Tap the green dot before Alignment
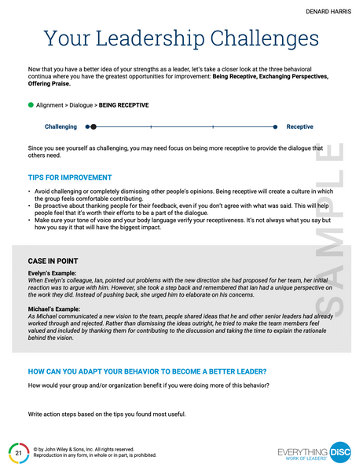(31, 104)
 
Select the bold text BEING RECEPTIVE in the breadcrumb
(123, 105)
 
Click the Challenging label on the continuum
(60, 126)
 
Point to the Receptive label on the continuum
(300, 126)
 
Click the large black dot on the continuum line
(93, 126)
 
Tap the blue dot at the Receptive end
(276, 126)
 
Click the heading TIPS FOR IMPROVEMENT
(69, 178)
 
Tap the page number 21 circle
(18, 453)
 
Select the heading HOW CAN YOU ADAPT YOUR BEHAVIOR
(146, 371)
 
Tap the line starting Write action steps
(107, 414)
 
